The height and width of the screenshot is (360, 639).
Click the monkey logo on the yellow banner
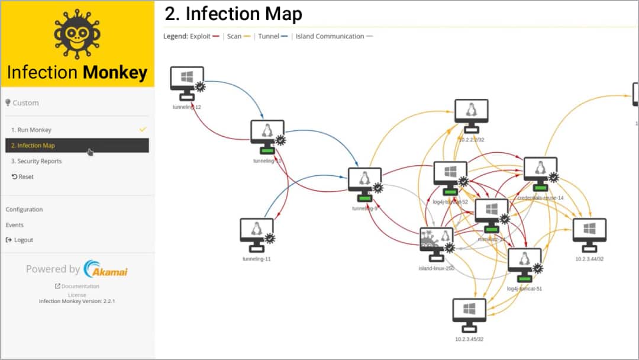[x=77, y=33]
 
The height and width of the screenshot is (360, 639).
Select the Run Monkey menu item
[x=31, y=130]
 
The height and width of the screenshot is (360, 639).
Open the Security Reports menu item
[x=35, y=161]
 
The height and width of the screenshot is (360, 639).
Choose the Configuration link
[x=24, y=210]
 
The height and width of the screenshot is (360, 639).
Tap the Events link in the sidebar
[x=15, y=225]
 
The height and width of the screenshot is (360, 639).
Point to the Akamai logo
[x=106, y=269]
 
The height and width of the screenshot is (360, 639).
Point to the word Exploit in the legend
[x=201, y=36]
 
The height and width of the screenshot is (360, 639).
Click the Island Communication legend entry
[x=330, y=36]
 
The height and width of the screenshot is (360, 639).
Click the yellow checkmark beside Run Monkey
[x=142, y=129]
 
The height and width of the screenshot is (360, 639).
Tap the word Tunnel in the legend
[x=269, y=36]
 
